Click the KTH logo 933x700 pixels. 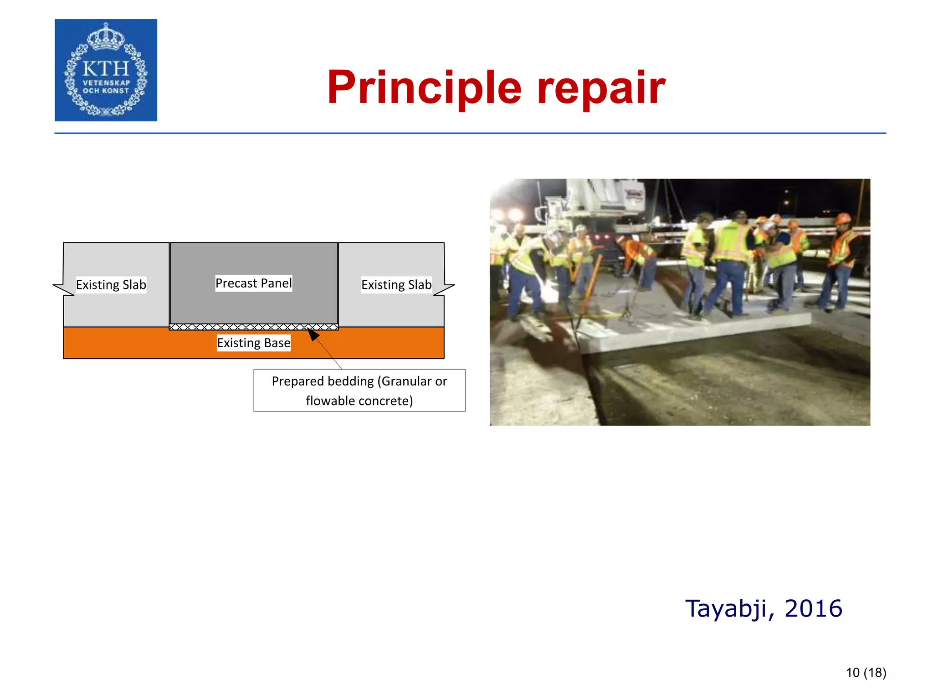point(106,70)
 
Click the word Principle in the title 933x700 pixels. point(424,88)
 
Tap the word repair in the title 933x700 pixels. point(601,88)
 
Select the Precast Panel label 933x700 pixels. point(253,283)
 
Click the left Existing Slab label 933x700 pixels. point(111,285)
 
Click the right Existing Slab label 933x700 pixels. point(396,285)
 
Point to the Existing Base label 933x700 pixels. point(253,343)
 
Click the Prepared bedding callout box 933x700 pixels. point(359,391)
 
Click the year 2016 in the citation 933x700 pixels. point(814,609)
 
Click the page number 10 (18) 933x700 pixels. point(866,673)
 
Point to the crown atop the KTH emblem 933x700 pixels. point(106,36)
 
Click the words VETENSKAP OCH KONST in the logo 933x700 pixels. point(106,87)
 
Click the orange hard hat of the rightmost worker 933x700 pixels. point(843,219)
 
